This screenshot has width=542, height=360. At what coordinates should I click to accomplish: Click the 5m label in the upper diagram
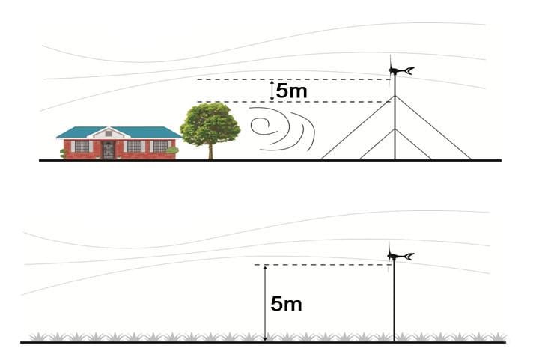[291, 91]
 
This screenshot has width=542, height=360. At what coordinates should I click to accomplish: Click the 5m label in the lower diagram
[286, 304]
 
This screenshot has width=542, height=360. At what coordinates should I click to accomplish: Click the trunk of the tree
[210, 152]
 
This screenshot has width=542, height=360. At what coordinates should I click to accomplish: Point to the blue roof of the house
[119, 132]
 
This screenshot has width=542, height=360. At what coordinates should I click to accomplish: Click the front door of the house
[109, 150]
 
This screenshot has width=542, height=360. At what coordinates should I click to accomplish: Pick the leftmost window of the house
[82, 147]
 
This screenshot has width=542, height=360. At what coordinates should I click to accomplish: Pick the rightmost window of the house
[160, 147]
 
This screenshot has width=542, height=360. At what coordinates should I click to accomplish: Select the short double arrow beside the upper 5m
[272, 91]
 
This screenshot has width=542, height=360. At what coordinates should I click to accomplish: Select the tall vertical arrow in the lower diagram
[265, 303]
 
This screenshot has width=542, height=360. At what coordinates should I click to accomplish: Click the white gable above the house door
[109, 133]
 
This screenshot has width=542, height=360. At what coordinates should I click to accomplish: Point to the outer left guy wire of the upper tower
[358, 127]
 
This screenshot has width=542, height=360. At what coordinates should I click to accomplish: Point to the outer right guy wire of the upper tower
[433, 127]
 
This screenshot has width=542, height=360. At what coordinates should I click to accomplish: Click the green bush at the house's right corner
[172, 150]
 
